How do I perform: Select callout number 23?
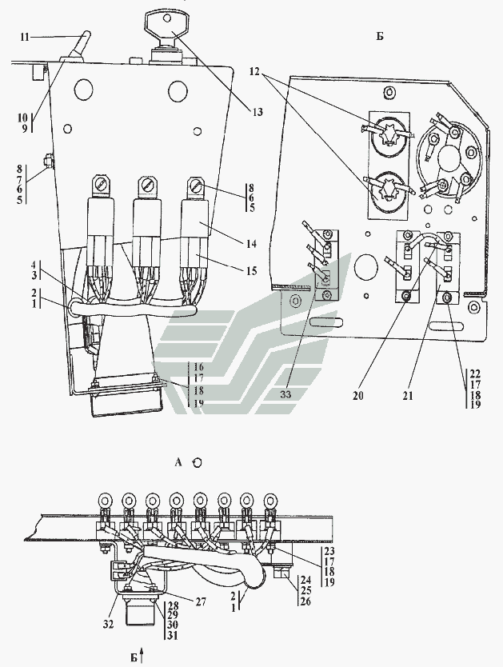coord(329,551)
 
